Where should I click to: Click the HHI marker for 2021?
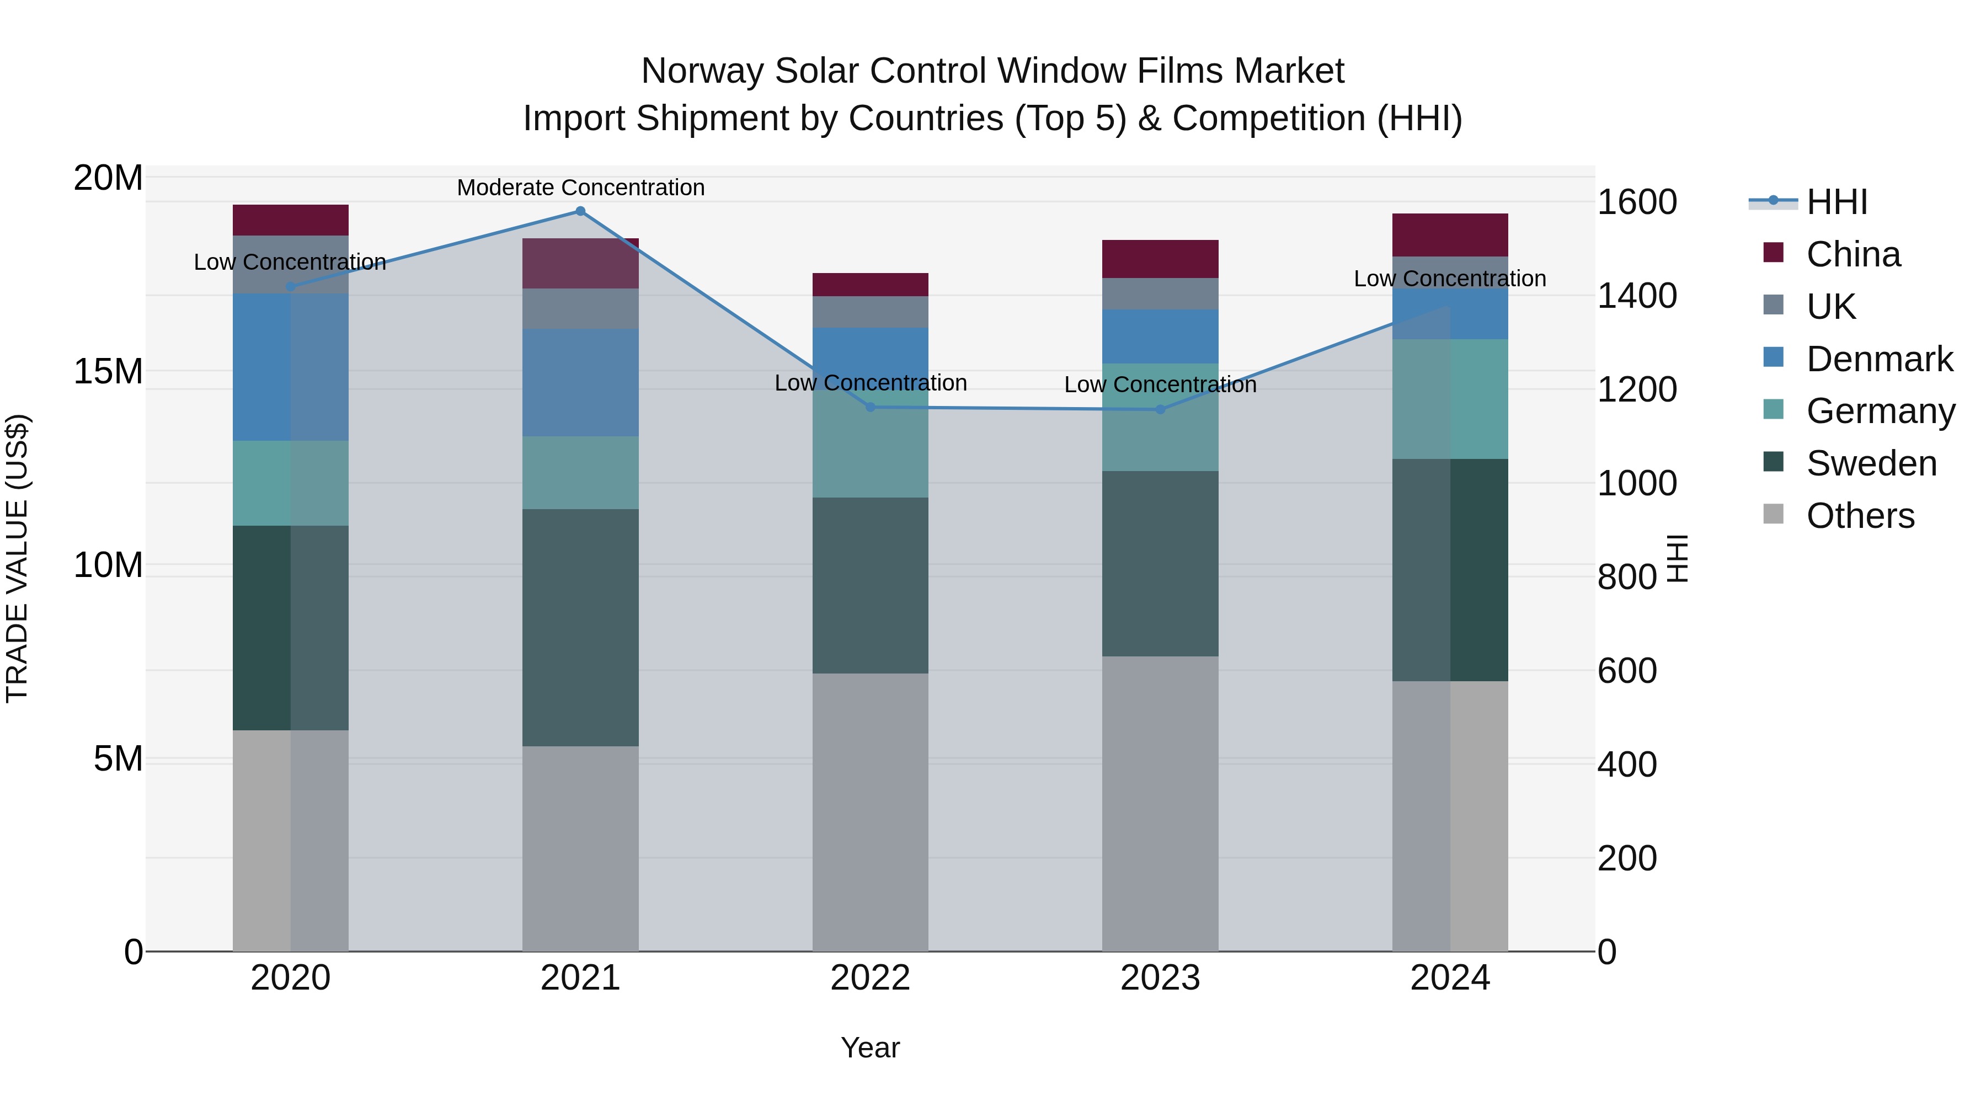[580, 211]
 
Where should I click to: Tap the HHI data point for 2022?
[871, 407]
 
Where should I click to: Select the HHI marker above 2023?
[1160, 409]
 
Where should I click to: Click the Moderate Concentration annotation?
[580, 188]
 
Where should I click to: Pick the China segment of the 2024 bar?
[1449, 235]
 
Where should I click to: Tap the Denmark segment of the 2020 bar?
[291, 367]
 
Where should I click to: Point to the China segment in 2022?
[871, 285]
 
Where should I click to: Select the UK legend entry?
[1830, 306]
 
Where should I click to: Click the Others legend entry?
[1860, 516]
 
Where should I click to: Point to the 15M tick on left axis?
[108, 372]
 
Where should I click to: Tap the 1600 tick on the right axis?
[1637, 202]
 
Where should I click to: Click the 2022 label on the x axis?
[871, 978]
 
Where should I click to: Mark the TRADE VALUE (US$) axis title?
[17, 558]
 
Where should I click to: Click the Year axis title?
[871, 1047]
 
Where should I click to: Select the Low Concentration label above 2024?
[1449, 279]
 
